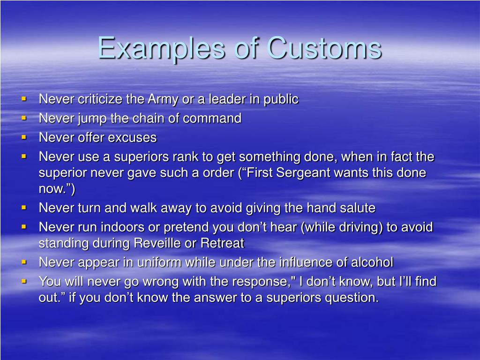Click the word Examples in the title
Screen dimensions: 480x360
(x=161, y=48)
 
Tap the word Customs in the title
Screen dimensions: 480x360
(x=324, y=48)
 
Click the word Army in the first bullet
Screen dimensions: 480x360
(x=163, y=100)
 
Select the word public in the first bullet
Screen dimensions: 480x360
(x=281, y=99)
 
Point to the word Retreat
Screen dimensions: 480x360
(x=222, y=243)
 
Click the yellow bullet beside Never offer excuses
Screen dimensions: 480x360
(x=24, y=137)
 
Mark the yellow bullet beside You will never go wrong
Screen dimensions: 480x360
(x=24, y=280)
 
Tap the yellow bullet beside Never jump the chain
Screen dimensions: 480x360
(x=24, y=118)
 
